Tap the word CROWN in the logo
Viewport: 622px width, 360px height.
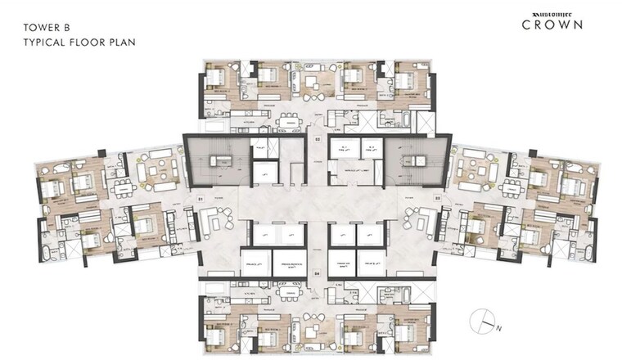[553, 25]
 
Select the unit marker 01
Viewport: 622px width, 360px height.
[200, 198]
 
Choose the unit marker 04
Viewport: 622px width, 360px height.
[315, 272]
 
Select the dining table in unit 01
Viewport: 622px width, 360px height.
[124, 187]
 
